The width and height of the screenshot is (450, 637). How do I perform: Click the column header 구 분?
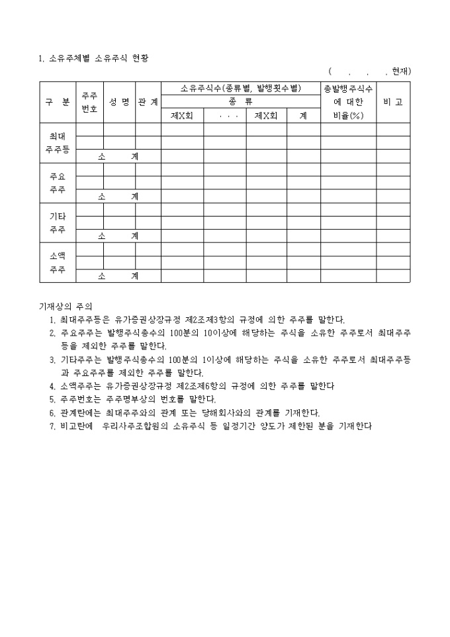(58, 102)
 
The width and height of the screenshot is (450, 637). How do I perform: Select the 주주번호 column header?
(89, 102)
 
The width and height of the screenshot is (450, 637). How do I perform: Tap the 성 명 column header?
(119, 102)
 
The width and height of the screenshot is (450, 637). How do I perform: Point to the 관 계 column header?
(148, 102)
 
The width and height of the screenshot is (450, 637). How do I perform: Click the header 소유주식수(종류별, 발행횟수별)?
(240, 88)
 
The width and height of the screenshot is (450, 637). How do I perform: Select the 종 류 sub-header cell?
(240, 102)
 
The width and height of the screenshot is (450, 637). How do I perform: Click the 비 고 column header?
(393, 102)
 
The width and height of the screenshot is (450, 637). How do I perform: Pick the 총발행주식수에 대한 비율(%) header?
(348, 102)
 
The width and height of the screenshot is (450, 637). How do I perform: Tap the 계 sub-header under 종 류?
(303, 115)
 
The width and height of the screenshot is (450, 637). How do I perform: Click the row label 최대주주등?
(58, 143)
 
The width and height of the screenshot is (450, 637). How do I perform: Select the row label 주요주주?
(58, 183)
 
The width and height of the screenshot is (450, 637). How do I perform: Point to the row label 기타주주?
(58, 222)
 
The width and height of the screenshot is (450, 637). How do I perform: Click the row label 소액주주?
(58, 262)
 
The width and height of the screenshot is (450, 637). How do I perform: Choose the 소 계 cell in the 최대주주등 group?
(118, 156)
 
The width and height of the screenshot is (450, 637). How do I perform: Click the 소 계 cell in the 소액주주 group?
(118, 275)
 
